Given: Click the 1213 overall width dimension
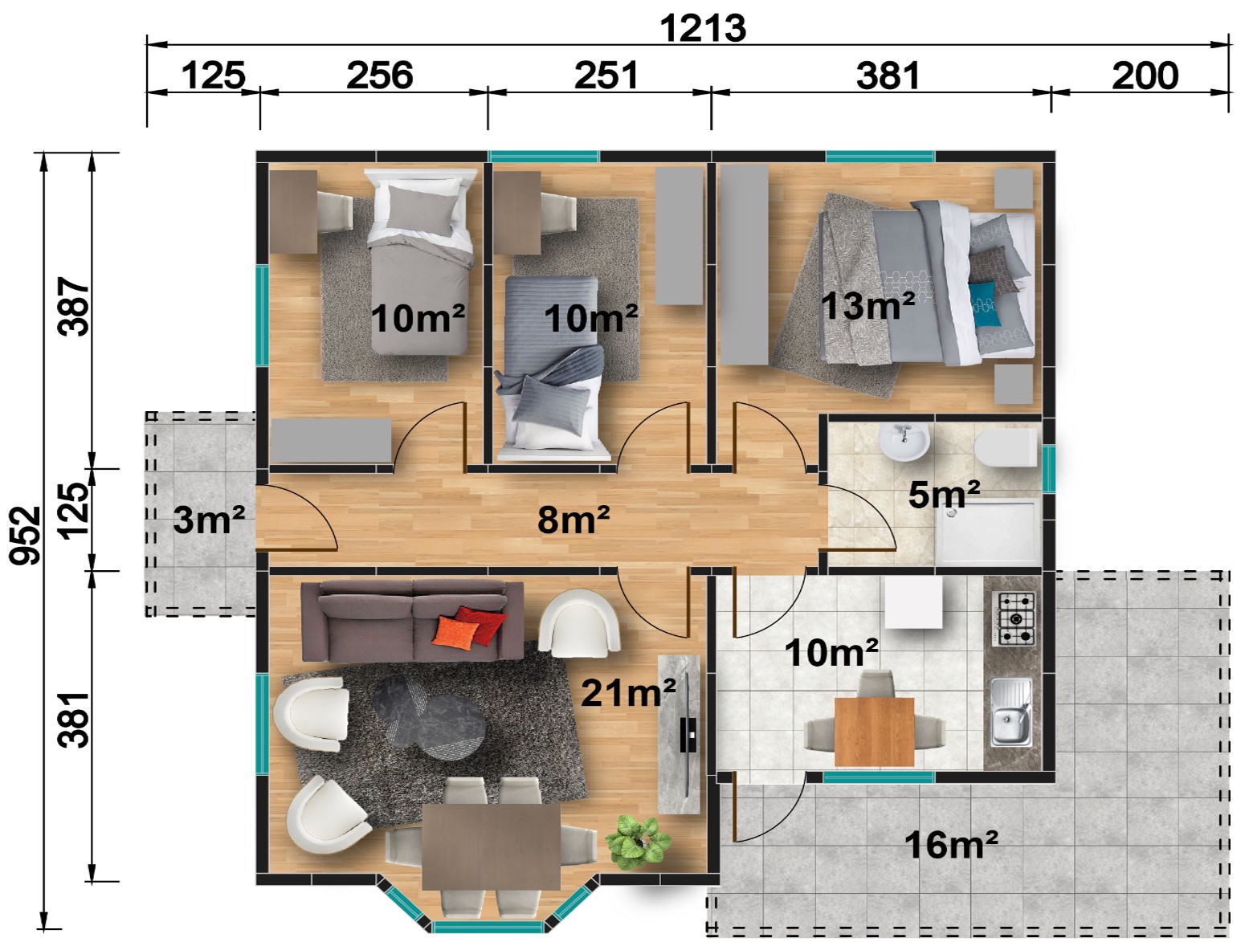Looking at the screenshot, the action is coord(703,28).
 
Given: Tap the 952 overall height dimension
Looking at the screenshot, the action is coord(26,535).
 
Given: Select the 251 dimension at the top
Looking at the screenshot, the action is coord(606,75).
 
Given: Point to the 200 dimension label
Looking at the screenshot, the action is coord(1145,75).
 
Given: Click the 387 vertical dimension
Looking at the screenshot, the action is coord(74,306).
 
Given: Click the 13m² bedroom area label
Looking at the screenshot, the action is coord(867,306).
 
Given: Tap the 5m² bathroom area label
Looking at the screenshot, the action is coord(944,494).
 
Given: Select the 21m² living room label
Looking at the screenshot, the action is coord(628,692).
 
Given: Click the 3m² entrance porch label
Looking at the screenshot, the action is coord(209,520).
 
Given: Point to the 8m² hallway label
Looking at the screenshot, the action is coord(574,520).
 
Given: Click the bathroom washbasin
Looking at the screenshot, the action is coord(904,442).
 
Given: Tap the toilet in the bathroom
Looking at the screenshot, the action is coord(1005,448).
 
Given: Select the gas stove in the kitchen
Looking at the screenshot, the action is coord(1015,619).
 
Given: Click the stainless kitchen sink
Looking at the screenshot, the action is coord(1011,712).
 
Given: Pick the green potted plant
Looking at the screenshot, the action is coord(639,842).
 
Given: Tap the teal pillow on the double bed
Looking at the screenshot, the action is coord(984,304).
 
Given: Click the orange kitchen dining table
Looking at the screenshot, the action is coord(874,732).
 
